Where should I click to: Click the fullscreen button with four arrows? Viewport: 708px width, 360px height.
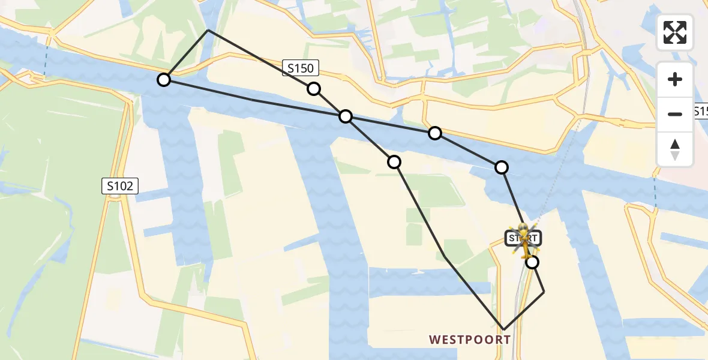(675, 32)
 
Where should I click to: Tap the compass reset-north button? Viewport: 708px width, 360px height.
(675, 149)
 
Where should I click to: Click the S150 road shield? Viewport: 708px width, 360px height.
(300, 68)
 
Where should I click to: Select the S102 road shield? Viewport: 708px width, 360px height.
(120, 186)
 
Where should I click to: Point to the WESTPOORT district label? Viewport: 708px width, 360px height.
(470, 340)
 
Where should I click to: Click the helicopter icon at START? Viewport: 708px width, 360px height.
(524, 240)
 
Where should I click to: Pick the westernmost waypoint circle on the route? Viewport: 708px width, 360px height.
(164, 79)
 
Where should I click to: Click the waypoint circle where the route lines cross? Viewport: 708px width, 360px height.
(346, 116)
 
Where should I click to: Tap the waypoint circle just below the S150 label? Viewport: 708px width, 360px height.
(314, 89)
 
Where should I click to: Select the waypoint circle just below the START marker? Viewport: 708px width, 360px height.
(532, 262)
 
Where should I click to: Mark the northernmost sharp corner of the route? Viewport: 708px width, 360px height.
(208, 30)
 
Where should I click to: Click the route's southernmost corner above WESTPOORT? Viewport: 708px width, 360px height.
(503, 330)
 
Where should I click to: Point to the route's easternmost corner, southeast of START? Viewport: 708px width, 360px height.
(544, 292)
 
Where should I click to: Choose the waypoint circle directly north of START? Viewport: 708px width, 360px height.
(502, 167)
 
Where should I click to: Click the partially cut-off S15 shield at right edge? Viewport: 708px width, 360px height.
(701, 112)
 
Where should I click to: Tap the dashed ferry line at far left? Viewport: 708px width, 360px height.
(45, 62)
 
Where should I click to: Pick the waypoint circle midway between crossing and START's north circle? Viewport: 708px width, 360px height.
(435, 133)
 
